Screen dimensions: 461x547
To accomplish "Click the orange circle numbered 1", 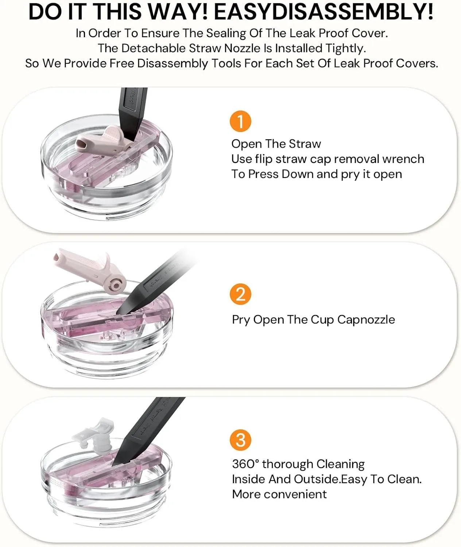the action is tap(240, 121).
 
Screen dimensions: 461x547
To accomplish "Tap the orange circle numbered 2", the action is tap(240, 294).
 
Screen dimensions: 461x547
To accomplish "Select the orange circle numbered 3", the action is tap(240, 440).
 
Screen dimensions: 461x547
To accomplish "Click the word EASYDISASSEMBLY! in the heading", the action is tap(324, 12).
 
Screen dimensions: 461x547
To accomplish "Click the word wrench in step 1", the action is tap(402, 159).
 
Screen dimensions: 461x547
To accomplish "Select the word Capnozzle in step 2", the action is tap(366, 320).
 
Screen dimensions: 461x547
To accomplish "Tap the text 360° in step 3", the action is tap(245, 464).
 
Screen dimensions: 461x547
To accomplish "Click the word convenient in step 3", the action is tap(295, 494).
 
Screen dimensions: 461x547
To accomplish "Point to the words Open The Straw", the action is tap(276, 144).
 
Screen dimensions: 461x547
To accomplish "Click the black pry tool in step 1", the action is tap(133, 113).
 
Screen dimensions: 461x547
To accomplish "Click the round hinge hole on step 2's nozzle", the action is tap(116, 284).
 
